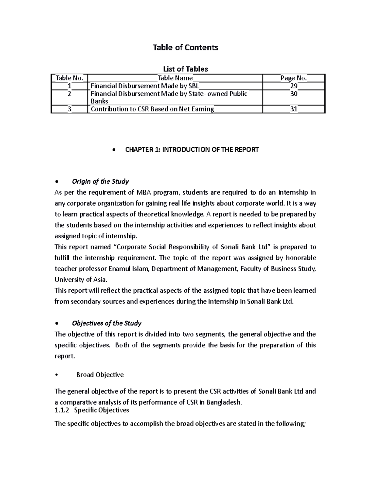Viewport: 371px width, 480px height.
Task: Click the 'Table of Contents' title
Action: click(185, 47)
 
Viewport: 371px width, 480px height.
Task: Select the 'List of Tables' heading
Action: click(185, 69)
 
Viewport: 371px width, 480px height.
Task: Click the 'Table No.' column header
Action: click(69, 78)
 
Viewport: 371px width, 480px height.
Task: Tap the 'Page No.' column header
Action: click(293, 78)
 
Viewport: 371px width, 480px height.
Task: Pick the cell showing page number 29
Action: click(293, 86)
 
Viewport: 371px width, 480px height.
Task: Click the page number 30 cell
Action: click(293, 94)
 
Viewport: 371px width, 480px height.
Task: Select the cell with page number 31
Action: click(293, 109)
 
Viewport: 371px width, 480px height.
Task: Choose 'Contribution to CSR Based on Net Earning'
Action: click(152, 109)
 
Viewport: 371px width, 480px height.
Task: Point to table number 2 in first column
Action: click(69, 94)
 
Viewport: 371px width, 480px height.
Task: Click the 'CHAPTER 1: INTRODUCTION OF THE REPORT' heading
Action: click(192, 150)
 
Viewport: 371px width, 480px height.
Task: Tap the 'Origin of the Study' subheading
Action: click(100, 181)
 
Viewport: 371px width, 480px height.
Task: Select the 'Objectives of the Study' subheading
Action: click(106, 323)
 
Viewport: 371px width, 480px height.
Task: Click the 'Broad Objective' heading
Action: click(100, 375)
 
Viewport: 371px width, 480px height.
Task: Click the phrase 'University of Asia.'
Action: click(81, 280)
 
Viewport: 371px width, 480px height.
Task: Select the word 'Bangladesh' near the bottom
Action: click(223, 402)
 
